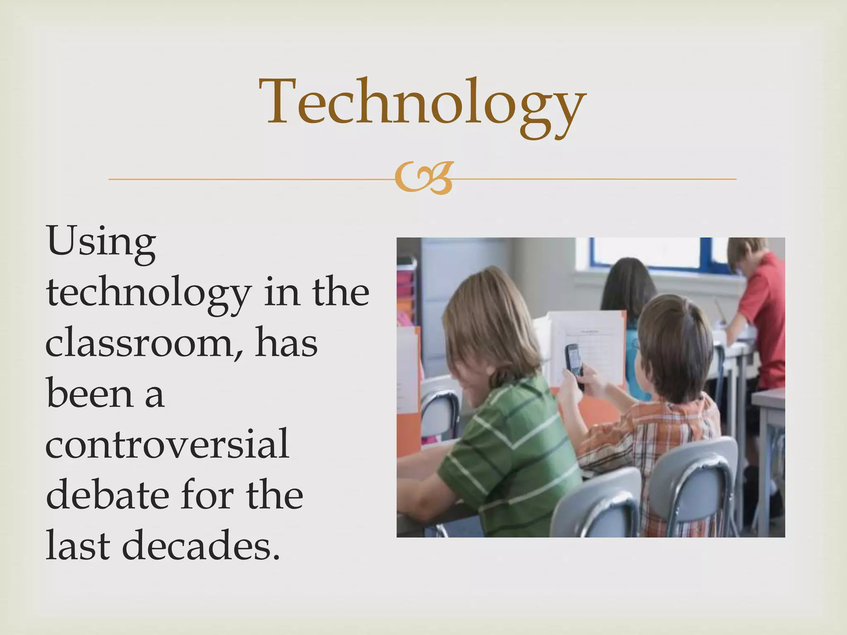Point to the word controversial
click(167, 444)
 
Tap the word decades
click(201, 546)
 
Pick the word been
click(89, 394)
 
